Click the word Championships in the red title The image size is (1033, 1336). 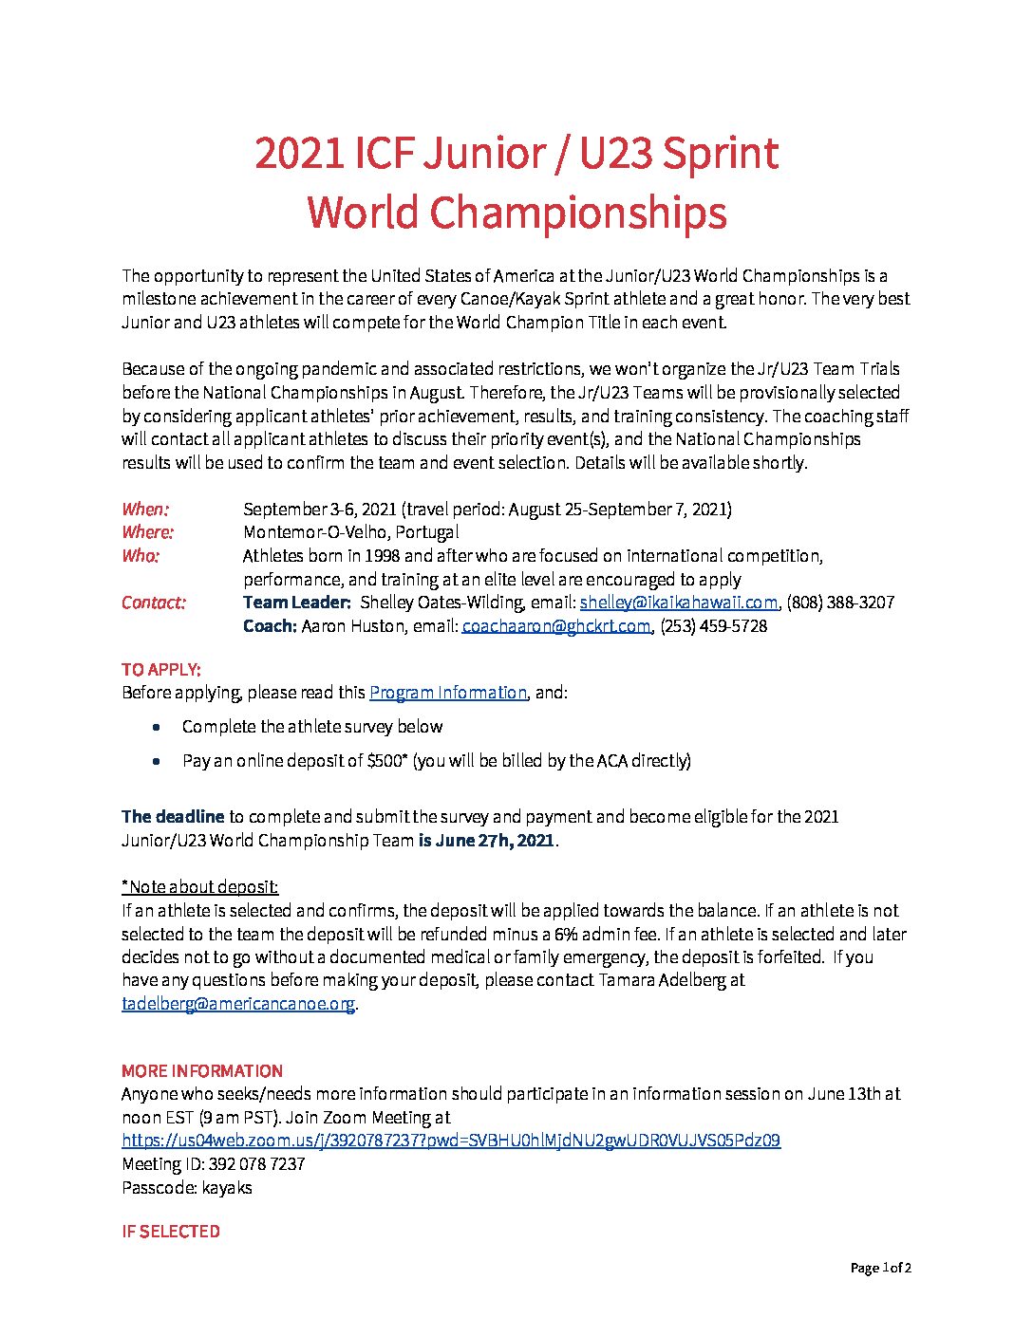click(x=576, y=213)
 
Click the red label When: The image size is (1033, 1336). click(x=145, y=510)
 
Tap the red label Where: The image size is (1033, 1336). click(x=147, y=532)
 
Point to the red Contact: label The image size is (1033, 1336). click(x=154, y=603)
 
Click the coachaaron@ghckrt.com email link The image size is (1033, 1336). click(x=555, y=626)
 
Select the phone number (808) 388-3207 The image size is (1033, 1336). click(x=841, y=603)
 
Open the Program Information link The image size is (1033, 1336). click(x=447, y=693)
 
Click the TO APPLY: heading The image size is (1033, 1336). click(x=161, y=670)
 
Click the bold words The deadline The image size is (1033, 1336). click(x=173, y=817)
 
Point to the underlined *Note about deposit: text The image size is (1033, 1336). click(x=199, y=887)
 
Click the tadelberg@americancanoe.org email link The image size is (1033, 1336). click(x=238, y=1004)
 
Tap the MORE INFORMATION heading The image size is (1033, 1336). click(x=202, y=1071)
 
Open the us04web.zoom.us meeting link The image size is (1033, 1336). click(x=451, y=1141)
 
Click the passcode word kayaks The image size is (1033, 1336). click(x=227, y=1188)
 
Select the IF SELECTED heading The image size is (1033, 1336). click(x=171, y=1232)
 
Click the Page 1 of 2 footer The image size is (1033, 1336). click(x=880, y=1269)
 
